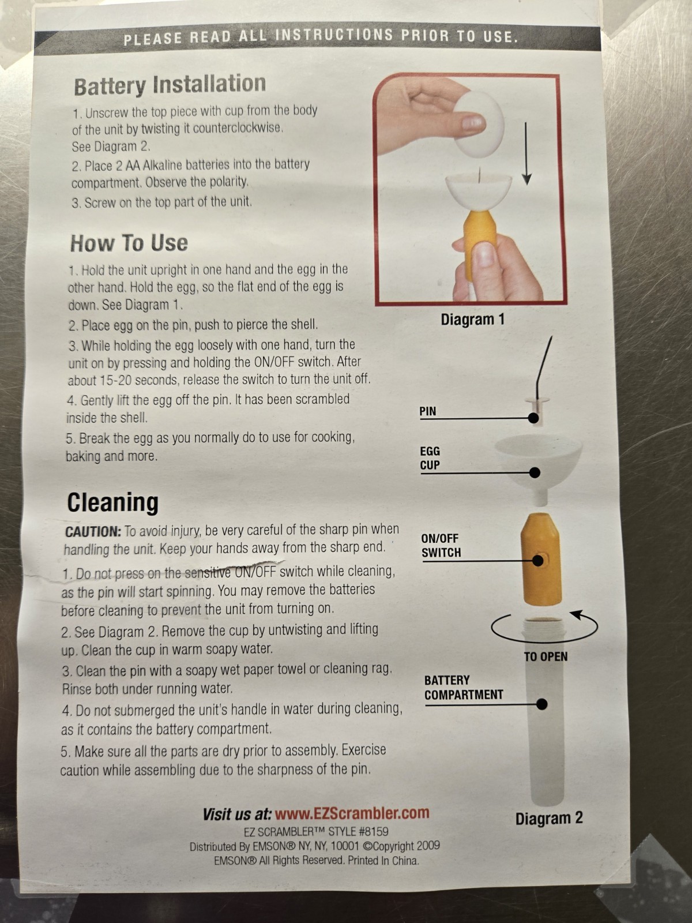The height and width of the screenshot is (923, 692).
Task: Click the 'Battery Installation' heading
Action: coord(170,85)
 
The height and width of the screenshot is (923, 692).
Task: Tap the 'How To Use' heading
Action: coord(129,243)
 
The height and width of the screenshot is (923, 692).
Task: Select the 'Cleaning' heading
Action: coord(112,502)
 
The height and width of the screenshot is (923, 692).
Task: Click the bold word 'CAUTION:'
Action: coord(93,531)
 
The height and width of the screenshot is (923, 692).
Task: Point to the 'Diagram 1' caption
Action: coord(472,320)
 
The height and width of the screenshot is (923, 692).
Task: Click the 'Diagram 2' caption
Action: coord(549,818)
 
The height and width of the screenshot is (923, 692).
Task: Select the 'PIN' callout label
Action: coord(428,411)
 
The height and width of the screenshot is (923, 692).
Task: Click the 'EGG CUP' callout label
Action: coord(430,458)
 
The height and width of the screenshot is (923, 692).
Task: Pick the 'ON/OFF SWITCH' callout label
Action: coord(441,545)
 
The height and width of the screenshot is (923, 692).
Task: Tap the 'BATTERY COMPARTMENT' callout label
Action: coord(464,688)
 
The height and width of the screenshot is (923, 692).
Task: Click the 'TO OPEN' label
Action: coord(546,656)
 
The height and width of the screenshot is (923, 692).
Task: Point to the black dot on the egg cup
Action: coord(535,472)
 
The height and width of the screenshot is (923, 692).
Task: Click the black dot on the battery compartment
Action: coord(541,704)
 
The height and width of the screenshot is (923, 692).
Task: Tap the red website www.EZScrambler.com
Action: coord(352,813)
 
